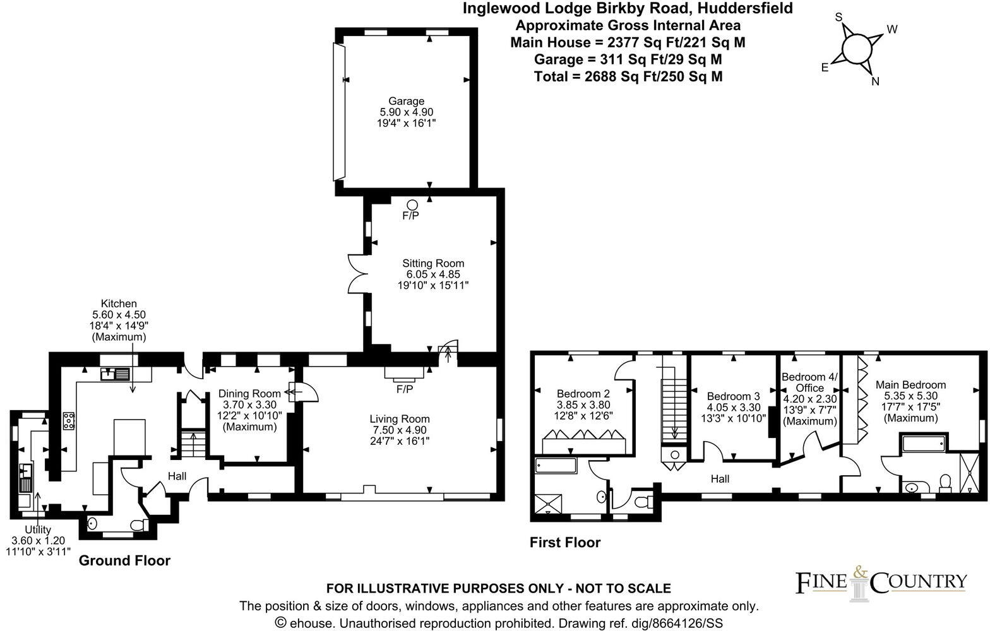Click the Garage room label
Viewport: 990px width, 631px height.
406,101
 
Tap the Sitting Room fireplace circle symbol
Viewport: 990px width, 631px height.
412,204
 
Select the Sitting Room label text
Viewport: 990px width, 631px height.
433,264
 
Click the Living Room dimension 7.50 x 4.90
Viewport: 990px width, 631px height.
400,430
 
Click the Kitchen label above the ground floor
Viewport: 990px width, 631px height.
120,304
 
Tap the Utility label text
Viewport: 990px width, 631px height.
38,529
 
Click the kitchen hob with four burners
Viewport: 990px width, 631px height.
69,421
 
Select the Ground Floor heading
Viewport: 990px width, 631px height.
124,560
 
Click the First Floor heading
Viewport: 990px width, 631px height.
564,542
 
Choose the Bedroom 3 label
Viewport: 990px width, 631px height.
733,396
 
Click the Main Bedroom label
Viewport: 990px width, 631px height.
910,385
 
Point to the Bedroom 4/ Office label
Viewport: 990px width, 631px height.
810,382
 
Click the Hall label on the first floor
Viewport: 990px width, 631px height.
720,479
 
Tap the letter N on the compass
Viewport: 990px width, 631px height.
876,81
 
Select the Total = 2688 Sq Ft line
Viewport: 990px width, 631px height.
628,76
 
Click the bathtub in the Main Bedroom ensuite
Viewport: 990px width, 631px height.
922,443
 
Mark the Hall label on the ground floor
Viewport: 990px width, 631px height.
177,476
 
